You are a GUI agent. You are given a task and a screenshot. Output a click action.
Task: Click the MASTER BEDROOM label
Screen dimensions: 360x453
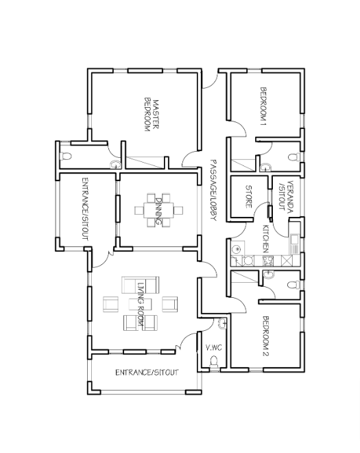[x=152, y=116]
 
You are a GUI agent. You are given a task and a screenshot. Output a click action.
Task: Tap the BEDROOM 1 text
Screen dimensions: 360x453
[x=263, y=106]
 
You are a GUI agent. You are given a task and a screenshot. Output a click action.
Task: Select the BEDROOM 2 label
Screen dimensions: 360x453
[x=265, y=336]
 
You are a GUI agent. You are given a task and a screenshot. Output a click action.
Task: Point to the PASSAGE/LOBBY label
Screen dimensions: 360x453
[x=213, y=190]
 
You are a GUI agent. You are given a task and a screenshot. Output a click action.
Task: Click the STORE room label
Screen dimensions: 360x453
[x=248, y=196]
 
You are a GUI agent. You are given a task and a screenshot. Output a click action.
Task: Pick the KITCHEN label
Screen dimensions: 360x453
[x=266, y=239]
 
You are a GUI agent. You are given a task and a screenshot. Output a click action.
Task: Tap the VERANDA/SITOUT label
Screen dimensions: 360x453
[x=286, y=196]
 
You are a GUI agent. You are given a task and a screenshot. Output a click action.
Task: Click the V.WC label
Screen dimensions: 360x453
[x=214, y=347]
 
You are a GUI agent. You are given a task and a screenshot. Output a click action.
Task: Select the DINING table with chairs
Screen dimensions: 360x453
[x=158, y=210]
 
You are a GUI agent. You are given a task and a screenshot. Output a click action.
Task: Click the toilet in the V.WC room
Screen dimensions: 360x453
[x=214, y=362]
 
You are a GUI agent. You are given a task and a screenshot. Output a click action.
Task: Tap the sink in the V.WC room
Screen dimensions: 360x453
[x=223, y=323]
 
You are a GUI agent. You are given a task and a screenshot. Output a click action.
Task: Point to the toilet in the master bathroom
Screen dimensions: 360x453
[x=66, y=156]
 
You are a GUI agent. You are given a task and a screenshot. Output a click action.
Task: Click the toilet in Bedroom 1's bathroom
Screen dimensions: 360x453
[x=294, y=157]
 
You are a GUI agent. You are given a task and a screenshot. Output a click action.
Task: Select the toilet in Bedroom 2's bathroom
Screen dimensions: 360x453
[x=294, y=285]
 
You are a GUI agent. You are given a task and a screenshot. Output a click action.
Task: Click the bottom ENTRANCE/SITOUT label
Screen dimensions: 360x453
[x=147, y=373]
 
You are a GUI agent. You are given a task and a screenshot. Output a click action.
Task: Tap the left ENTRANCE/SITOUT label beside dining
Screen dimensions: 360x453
[x=85, y=209]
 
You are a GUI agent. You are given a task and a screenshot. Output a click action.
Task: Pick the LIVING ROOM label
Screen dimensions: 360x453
[x=141, y=304]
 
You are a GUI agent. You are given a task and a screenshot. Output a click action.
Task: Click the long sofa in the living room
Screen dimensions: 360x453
[x=141, y=285]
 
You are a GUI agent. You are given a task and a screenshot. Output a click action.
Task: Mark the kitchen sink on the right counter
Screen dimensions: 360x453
[x=294, y=240]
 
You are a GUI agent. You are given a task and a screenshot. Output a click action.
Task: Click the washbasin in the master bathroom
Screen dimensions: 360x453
[x=115, y=165]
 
